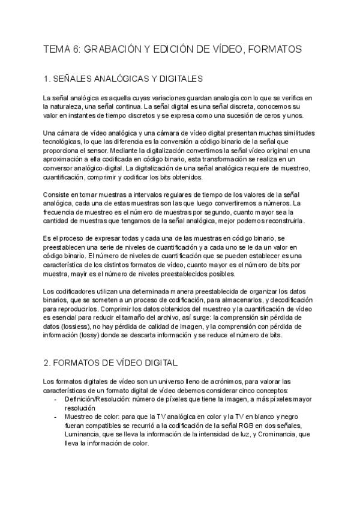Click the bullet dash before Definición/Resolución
point(56,399)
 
